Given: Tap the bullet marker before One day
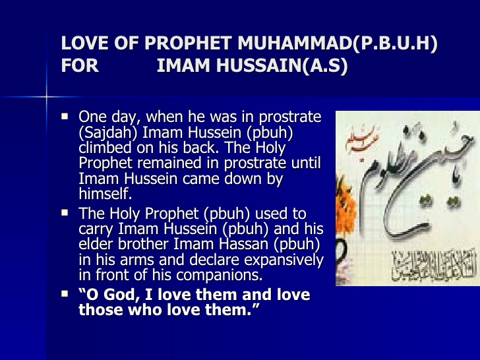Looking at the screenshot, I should (x=65, y=117).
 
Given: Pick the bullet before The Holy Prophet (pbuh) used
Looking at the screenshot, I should (x=65, y=213).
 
